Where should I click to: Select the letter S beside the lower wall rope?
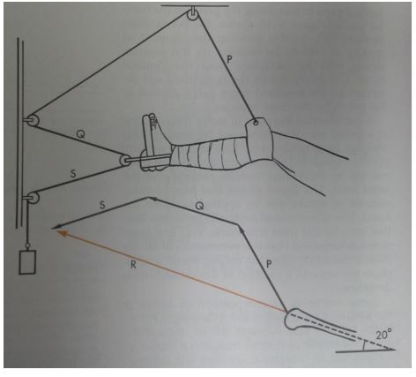(x=74, y=175)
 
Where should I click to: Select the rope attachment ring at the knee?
(x=255, y=123)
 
